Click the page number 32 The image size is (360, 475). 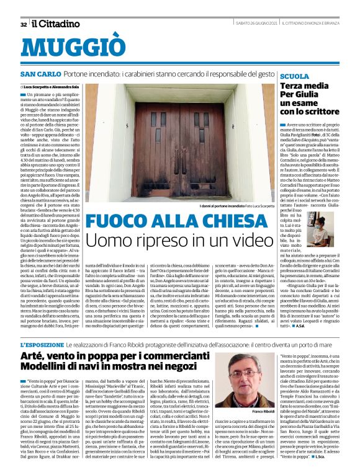click(23, 25)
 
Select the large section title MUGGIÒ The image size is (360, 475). click(76, 48)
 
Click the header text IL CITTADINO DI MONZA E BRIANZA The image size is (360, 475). click(308, 25)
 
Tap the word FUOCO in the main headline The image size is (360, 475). click(120, 221)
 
